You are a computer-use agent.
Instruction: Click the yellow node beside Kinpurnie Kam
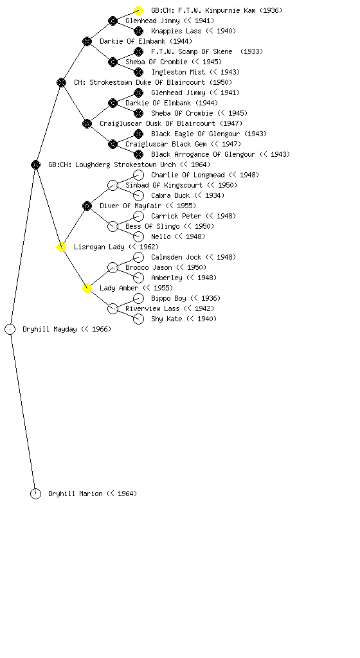click(138, 10)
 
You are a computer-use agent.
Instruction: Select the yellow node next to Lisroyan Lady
click(61, 247)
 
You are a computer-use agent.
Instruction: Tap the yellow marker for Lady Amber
click(87, 289)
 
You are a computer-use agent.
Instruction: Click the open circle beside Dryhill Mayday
click(10, 330)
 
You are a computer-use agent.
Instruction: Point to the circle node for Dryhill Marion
click(35, 494)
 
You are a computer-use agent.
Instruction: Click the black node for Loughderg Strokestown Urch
click(35, 165)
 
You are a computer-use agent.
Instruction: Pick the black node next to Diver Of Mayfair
click(87, 206)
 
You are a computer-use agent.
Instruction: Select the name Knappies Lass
click(176, 31)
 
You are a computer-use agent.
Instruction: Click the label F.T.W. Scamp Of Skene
click(192, 51)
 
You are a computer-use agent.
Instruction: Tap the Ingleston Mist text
click(178, 72)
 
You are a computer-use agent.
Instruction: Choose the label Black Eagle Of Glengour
click(195, 134)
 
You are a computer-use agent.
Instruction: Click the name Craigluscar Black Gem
click(166, 145)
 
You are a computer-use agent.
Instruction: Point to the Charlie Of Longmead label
click(188, 175)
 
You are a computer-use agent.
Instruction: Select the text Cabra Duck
click(170, 195)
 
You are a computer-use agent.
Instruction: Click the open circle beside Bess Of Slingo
click(113, 227)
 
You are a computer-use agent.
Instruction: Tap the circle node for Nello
click(138, 236)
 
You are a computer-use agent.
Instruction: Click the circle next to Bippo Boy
click(138, 298)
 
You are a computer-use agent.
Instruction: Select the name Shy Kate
click(166, 319)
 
